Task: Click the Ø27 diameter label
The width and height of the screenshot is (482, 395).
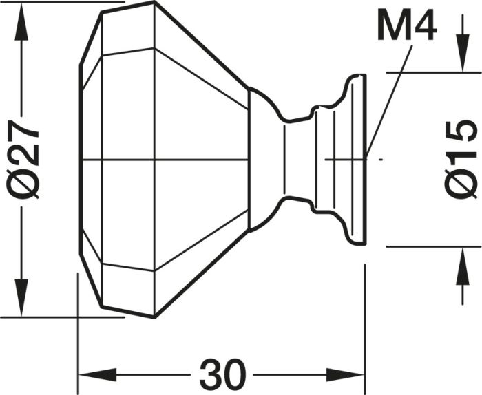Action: [23, 160]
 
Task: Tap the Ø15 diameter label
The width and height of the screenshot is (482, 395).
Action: [461, 160]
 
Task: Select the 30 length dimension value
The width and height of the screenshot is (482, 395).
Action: [223, 374]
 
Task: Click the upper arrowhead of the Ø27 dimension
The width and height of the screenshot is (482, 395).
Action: [21, 21]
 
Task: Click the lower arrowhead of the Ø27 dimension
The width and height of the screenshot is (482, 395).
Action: [21, 297]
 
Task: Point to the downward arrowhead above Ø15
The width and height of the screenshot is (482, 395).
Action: [463, 53]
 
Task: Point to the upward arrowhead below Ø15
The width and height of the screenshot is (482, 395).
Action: [463, 266]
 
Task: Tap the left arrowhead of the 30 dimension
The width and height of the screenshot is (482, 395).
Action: [98, 375]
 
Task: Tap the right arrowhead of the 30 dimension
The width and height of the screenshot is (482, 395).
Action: [345, 375]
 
